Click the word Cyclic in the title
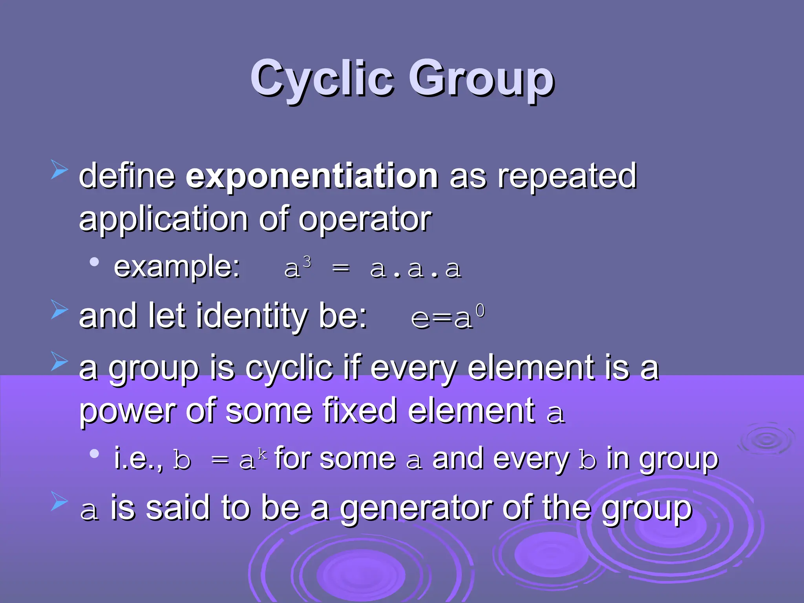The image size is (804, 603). [x=322, y=79]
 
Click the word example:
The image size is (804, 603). [x=177, y=267]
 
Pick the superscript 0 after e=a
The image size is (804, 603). [x=480, y=311]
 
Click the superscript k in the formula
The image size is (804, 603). [x=262, y=454]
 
